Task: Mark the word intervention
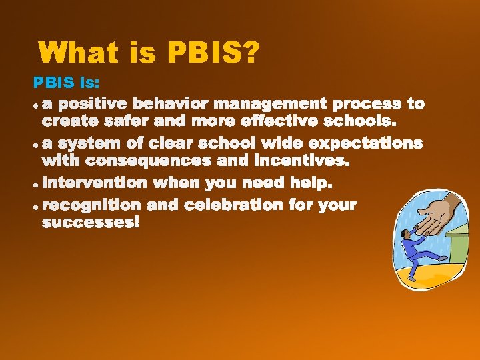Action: coord(95,183)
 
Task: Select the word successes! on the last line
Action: coord(91,223)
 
